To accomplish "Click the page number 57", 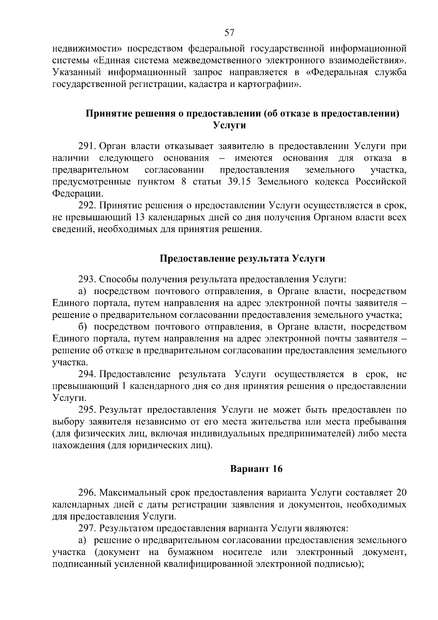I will tap(229, 33).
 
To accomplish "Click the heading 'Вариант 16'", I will tap(256, 469).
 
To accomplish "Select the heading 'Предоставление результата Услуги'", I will tap(242, 259).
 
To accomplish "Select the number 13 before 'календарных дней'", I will tap(140, 218).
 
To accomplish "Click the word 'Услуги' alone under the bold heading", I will tap(229, 125).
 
